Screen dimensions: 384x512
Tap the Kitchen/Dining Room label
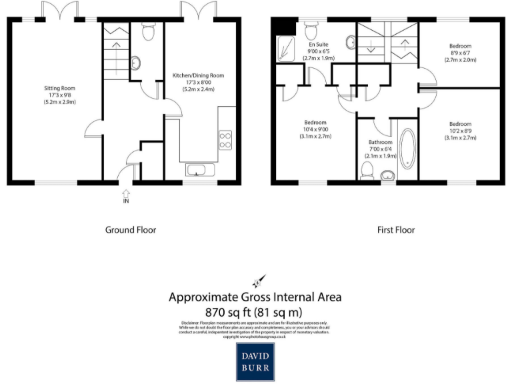198,75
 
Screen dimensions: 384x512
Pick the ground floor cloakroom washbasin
135,63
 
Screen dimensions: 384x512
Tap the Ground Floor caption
131,230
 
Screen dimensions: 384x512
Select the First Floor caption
396,230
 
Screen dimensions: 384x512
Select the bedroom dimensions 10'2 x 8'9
459,131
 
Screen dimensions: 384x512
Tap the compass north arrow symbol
257,281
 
